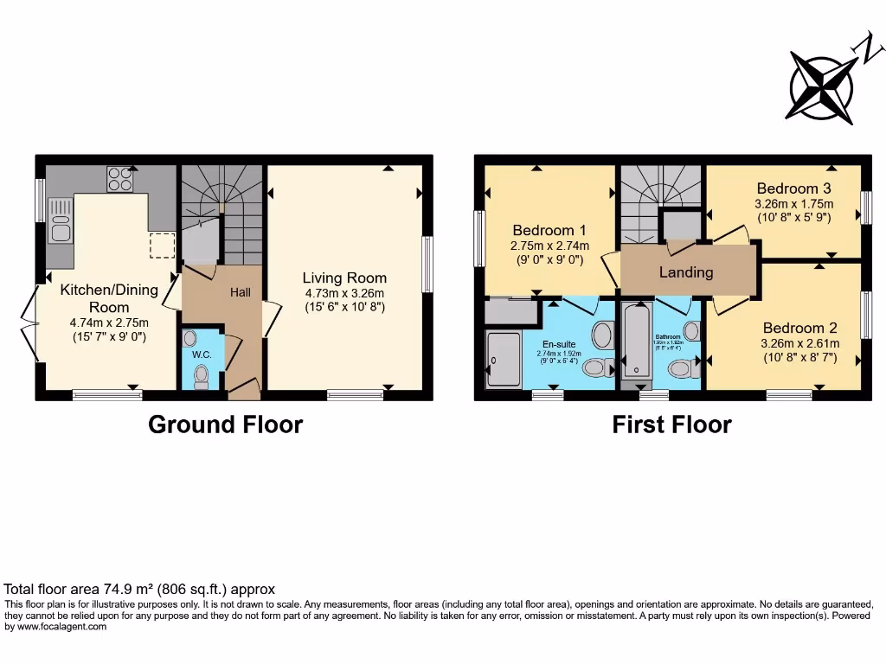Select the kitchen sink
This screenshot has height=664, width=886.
(x=60, y=220)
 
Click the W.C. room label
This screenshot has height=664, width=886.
(x=201, y=353)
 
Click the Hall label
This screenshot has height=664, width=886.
(x=240, y=293)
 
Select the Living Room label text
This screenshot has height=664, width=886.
(x=344, y=278)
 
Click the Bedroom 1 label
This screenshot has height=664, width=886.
(x=549, y=230)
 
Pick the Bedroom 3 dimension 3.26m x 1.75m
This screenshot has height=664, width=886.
(x=793, y=204)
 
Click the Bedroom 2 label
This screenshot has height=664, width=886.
(x=799, y=328)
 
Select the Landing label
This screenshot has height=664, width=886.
(x=686, y=271)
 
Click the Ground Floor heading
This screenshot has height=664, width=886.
(x=225, y=425)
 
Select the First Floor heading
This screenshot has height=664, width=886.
(x=671, y=425)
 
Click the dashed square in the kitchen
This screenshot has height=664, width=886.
(x=162, y=246)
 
